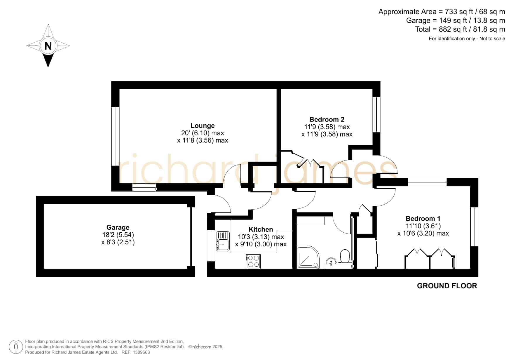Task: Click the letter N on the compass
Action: tap(48, 46)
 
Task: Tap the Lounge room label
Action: tap(203, 126)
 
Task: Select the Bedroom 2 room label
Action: tap(327, 119)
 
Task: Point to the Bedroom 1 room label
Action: tap(423, 219)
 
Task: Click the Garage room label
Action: tap(118, 227)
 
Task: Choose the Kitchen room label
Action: tap(261, 229)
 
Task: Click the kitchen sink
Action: tap(223, 241)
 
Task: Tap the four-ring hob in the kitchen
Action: tap(253, 261)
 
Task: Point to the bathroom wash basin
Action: tap(331, 262)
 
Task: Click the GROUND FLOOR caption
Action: tap(447, 286)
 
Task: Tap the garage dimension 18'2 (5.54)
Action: tap(118, 235)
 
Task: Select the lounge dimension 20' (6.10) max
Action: tap(203, 133)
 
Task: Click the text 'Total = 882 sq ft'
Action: tap(440, 29)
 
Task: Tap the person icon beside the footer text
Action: tap(16, 347)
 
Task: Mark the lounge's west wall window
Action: tap(115, 136)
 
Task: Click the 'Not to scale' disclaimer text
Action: tap(492, 38)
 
